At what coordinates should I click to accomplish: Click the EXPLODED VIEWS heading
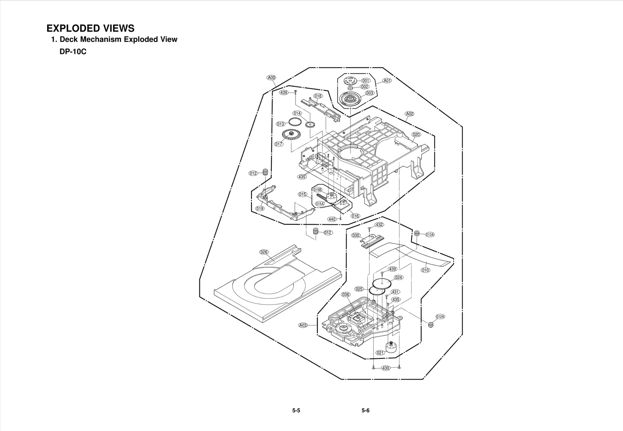[90, 28]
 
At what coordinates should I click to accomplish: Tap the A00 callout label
[271, 77]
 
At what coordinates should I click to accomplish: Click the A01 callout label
[387, 81]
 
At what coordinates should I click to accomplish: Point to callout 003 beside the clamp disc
[370, 93]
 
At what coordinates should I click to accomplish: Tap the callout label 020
[416, 134]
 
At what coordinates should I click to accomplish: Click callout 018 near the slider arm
[318, 96]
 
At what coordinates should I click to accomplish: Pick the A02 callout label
[409, 114]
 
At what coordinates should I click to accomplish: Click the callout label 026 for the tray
[264, 252]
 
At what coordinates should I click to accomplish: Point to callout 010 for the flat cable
[426, 270]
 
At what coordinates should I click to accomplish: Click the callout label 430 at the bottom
[385, 368]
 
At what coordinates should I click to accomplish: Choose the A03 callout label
[303, 325]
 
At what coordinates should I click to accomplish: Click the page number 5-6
[365, 410]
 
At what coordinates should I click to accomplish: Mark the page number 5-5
[296, 410]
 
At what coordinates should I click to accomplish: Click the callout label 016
[355, 216]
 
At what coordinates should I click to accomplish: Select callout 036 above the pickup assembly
[345, 294]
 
